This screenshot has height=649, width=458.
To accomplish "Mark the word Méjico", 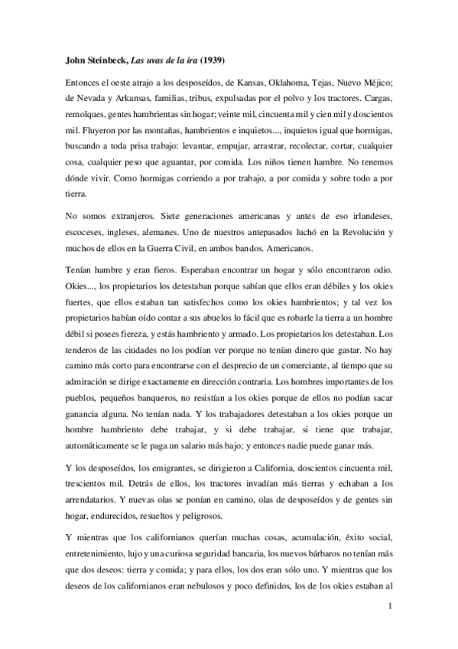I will [x=376, y=79].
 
